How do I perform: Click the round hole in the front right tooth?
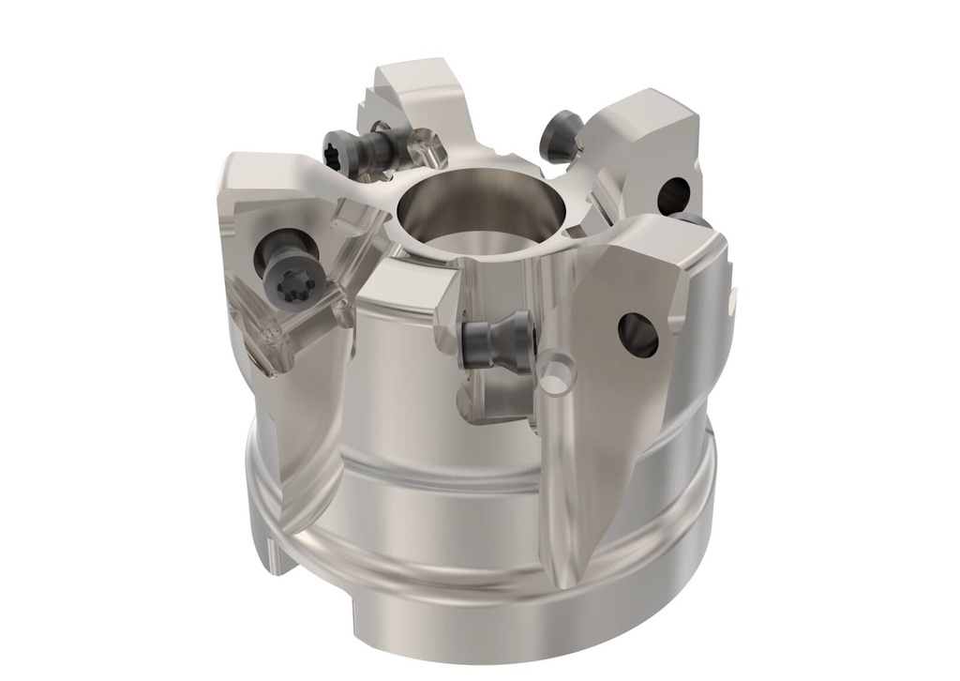637,333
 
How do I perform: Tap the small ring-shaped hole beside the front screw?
559,371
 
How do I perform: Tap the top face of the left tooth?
262,176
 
